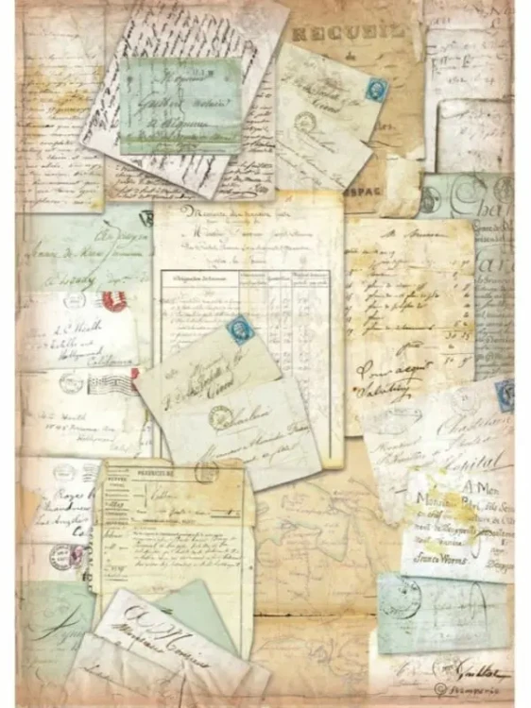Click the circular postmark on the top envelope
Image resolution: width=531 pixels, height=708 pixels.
click(304, 122)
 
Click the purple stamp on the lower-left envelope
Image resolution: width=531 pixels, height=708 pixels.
click(61, 555)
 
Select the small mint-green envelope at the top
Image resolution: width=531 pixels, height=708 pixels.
click(180, 106)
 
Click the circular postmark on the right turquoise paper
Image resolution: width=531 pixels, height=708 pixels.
click(431, 198)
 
